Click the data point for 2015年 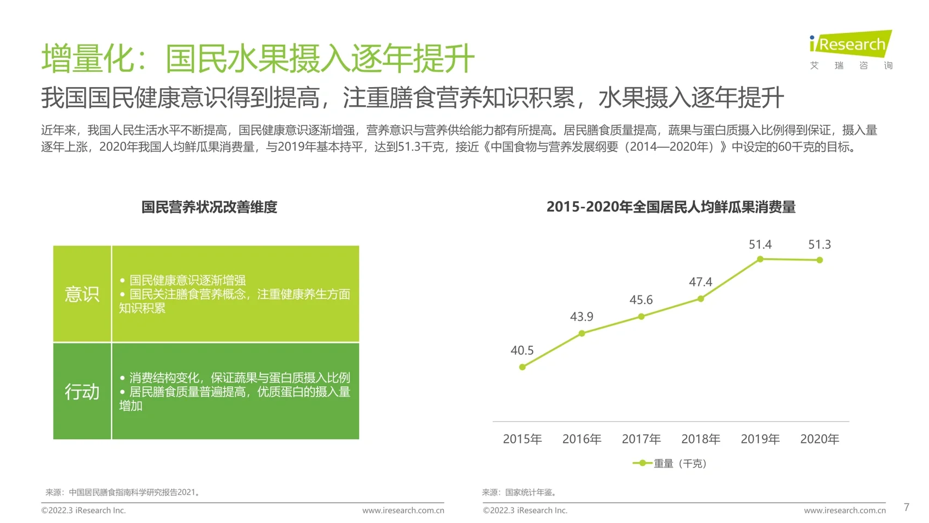(x=522, y=367)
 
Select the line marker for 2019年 (x=760, y=259)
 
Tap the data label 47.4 (x=700, y=282)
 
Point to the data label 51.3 (x=819, y=245)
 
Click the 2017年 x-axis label (x=641, y=439)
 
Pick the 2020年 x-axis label (x=819, y=439)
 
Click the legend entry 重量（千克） (x=670, y=464)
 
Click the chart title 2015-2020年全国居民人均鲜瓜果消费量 (x=671, y=207)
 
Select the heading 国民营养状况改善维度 (x=209, y=207)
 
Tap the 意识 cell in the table (x=82, y=294)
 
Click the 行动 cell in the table (x=82, y=392)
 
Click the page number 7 (x=906, y=507)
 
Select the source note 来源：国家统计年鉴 (x=520, y=492)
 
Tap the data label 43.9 (x=582, y=317)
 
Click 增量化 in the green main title (x=87, y=58)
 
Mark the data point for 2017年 (x=641, y=317)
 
